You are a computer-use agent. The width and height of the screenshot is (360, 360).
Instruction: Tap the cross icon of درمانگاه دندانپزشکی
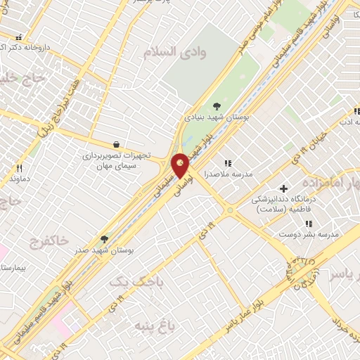tap(283, 188)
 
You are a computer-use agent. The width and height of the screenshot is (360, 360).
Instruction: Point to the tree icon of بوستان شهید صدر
tap(104, 239)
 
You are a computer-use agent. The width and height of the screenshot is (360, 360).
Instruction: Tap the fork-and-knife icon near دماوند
tap(19, 168)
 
